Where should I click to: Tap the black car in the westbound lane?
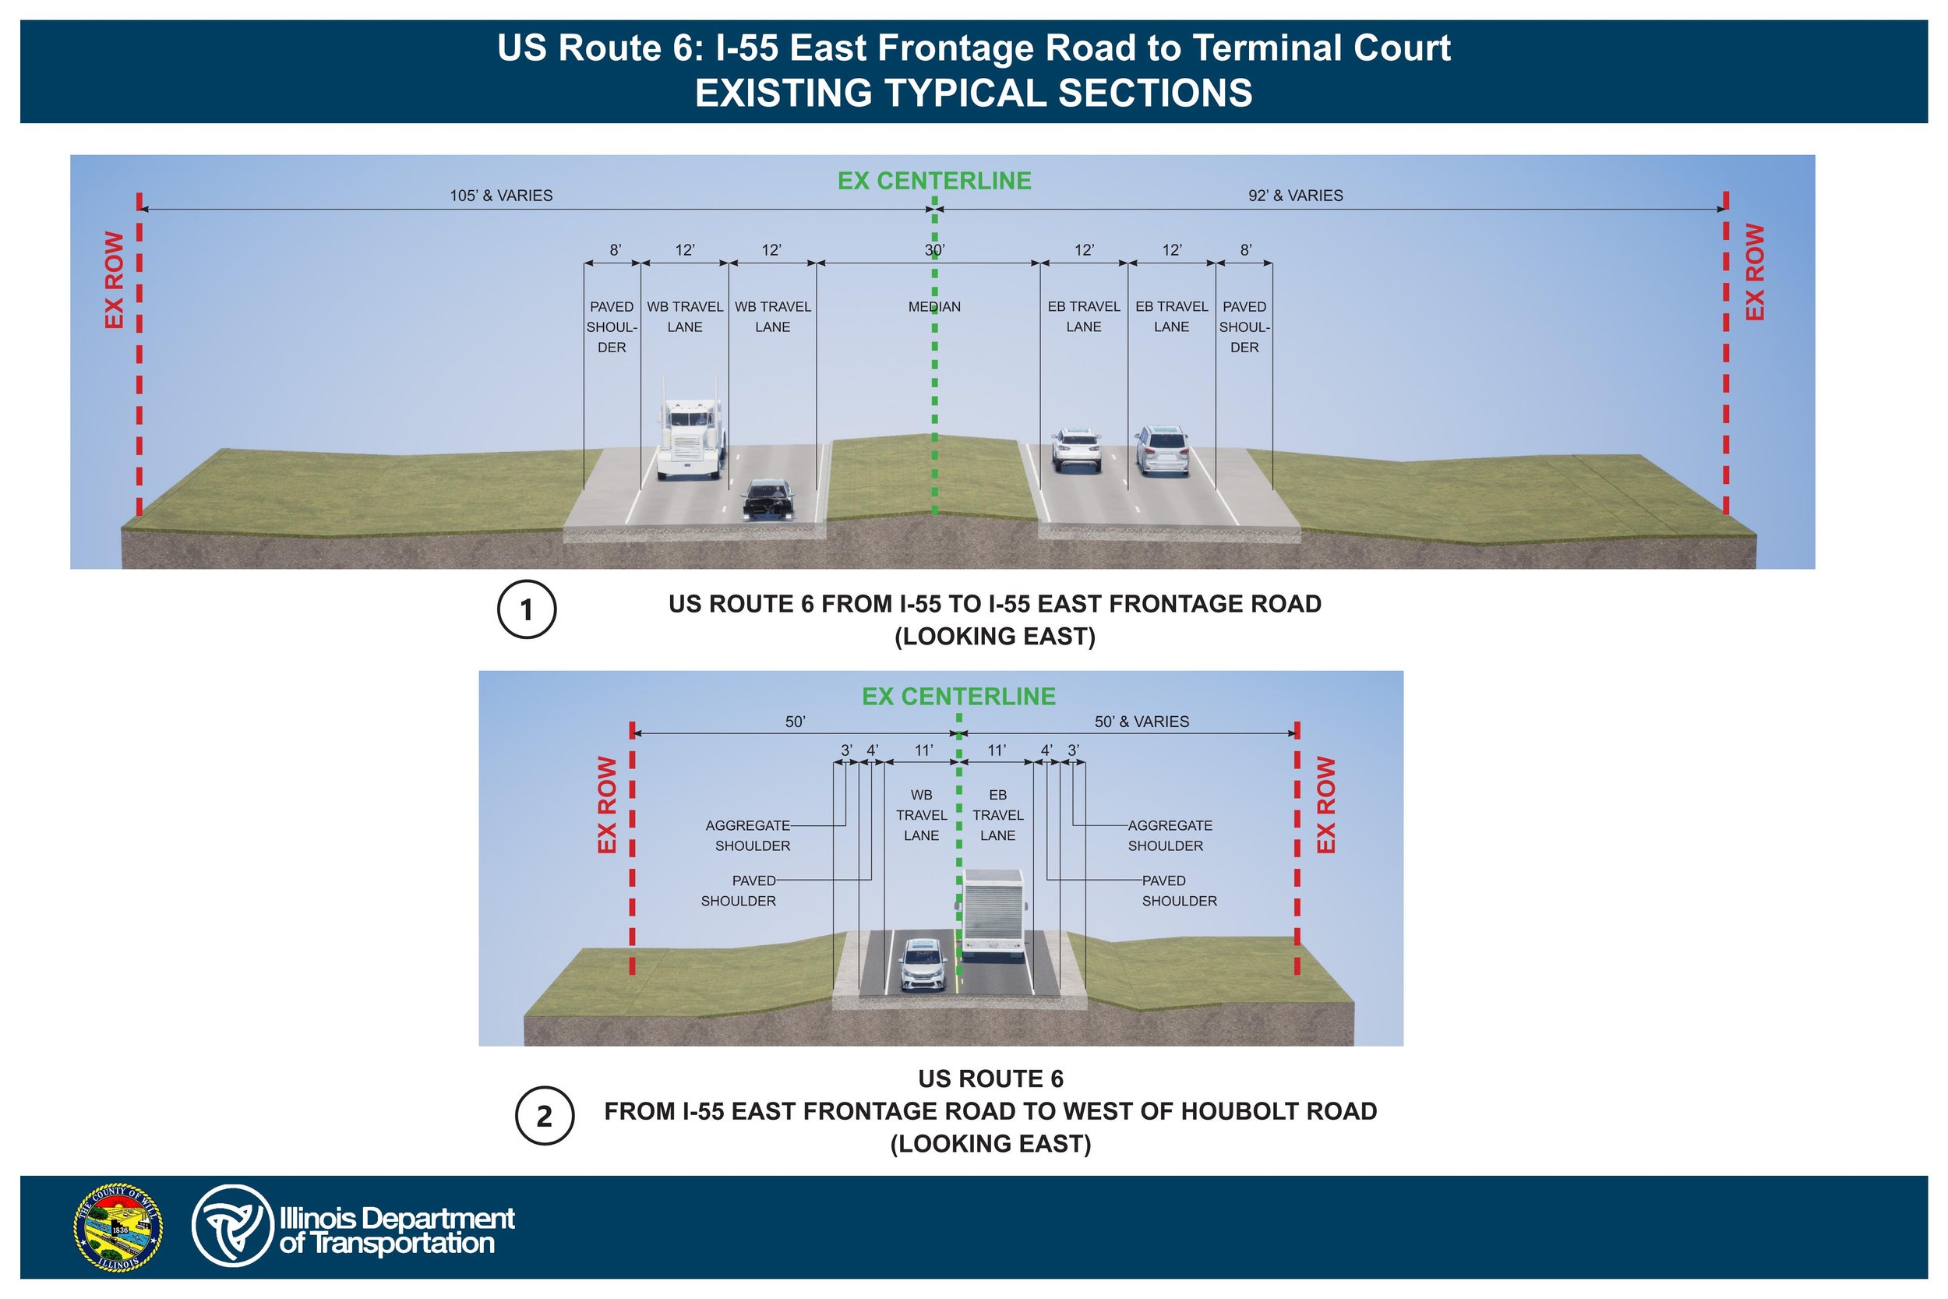coord(768,499)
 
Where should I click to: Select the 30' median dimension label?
coord(934,249)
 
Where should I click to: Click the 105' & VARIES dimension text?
coord(501,196)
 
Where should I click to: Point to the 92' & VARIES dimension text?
coord(1295,196)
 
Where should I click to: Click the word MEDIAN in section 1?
coord(934,306)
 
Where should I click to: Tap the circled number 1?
coord(527,609)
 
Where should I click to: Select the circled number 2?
coord(544,1115)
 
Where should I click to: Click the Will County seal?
coord(118,1227)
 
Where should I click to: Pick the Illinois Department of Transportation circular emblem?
coord(232,1226)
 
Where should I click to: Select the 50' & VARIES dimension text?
coord(1142,722)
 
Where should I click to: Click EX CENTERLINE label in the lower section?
coord(958,697)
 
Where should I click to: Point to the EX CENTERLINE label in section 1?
coord(934,181)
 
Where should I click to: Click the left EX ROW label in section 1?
coord(115,279)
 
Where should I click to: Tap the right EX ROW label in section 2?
coord(1326,804)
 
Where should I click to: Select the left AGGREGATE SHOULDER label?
coord(750,835)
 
